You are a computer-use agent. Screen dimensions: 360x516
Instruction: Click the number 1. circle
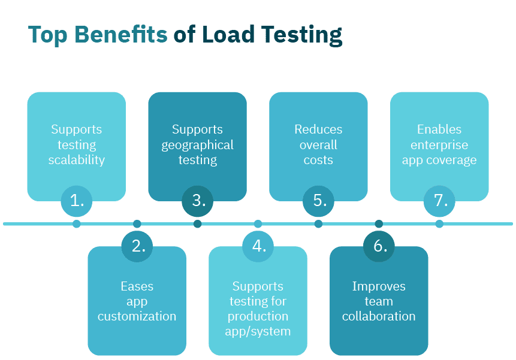pyautogui.click(x=77, y=201)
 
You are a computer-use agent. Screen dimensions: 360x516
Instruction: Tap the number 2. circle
pyautogui.click(x=137, y=246)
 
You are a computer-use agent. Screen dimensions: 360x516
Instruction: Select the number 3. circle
pyautogui.click(x=198, y=201)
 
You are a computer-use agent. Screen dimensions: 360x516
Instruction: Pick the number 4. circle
pyautogui.click(x=258, y=246)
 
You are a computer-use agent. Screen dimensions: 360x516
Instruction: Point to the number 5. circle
pyautogui.click(x=319, y=201)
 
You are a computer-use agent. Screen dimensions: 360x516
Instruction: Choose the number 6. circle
pyautogui.click(x=379, y=246)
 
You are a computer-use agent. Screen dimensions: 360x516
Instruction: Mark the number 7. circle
pyautogui.click(x=440, y=201)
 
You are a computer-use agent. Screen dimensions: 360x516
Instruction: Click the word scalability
pyautogui.click(x=77, y=160)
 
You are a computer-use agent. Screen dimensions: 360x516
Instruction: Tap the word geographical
pyautogui.click(x=197, y=145)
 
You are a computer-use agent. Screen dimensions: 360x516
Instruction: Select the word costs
pyautogui.click(x=318, y=160)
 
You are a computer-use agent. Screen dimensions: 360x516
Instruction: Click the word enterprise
pyautogui.click(x=439, y=145)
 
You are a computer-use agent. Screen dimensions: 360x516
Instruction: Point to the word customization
pyautogui.click(x=137, y=316)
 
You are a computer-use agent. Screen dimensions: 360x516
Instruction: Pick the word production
pyautogui.click(x=258, y=316)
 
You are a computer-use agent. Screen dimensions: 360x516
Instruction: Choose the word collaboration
pyautogui.click(x=379, y=316)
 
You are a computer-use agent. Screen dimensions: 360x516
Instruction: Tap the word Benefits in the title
pyautogui.click(x=123, y=35)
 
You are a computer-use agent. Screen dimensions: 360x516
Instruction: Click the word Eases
pyautogui.click(x=137, y=286)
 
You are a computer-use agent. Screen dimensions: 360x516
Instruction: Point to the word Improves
pyautogui.click(x=379, y=286)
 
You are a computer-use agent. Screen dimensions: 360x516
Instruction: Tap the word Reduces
pyautogui.click(x=318, y=129)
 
